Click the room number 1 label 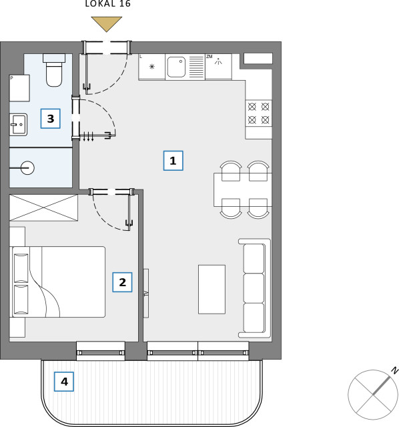(173, 161)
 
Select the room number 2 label (122, 282)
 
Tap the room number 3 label (51, 119)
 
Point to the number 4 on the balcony (64, 382)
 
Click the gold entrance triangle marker (107, 23)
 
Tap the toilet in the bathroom (54, 70)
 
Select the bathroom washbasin (18, 125)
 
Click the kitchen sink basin (176, 67)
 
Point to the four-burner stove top (258, 113)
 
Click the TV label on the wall (146, 294)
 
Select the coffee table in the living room (212, 289)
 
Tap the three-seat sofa (255, 288)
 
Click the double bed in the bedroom (58, 282)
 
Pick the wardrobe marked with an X (43, 207)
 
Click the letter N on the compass (394, 371)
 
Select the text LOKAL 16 (108, 3)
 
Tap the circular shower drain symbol (27, 167)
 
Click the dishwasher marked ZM (218, 67)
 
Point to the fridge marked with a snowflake (151, 67)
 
